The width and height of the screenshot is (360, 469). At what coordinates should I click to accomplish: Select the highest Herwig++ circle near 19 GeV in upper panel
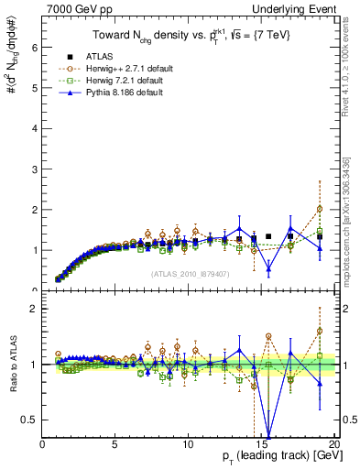[320, 209]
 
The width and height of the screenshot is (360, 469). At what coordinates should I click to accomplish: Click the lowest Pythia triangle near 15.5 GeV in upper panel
[268, 269]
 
